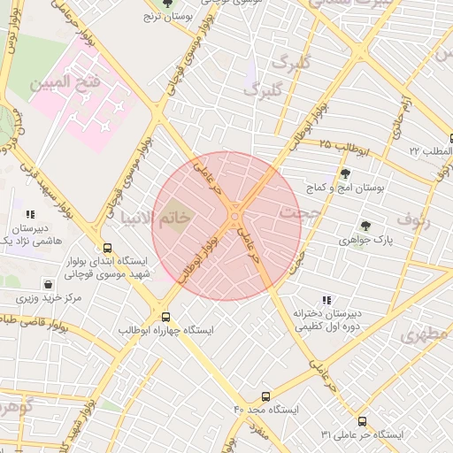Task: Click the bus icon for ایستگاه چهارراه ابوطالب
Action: pos(165,317)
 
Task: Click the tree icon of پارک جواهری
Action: pos(365,226)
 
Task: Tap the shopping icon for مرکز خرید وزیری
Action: pos(48,285)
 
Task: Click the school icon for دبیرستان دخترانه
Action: pos(326,301)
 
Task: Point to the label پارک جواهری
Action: pos(364,240)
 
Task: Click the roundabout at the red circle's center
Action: pos(235,215)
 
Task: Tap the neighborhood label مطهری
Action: pos(425,335)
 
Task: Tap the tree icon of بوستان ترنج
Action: pos(167,4)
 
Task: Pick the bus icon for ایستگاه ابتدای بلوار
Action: pos(108,249)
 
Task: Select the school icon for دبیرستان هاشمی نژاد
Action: pos(30,214)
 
